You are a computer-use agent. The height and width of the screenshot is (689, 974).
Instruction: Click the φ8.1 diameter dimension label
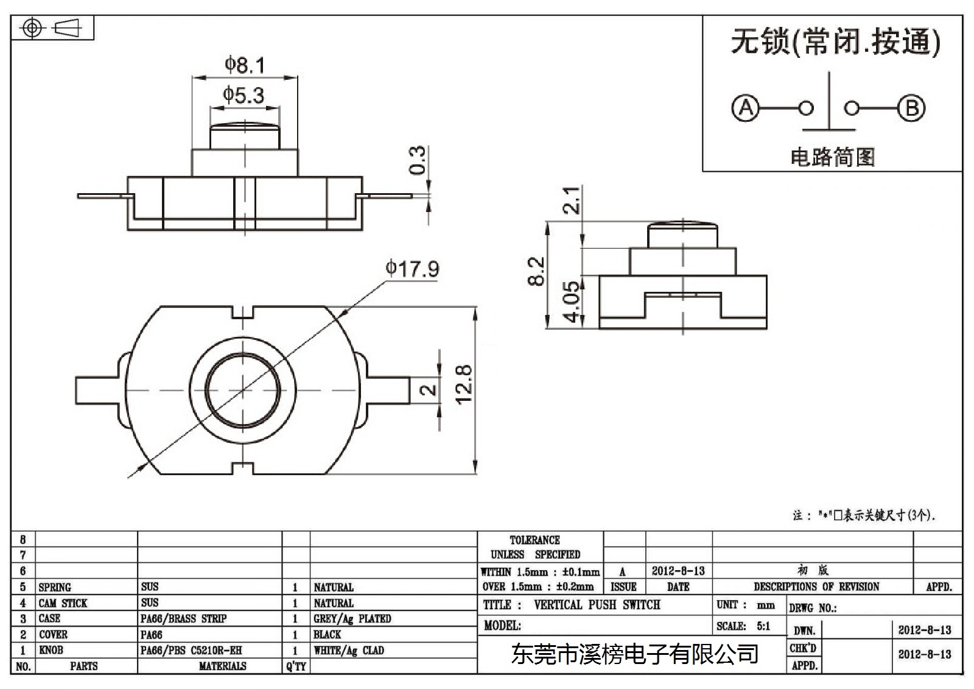pyautogui.click(x=245, y=65)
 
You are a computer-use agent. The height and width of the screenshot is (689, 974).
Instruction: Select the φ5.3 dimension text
pyautogui.click(x=243, y=95)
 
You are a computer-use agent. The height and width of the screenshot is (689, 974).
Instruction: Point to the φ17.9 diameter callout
pyautogui.click(x=412, y=269)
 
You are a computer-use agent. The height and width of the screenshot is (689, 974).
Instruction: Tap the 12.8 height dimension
pyautogui.click(x=463, y=384)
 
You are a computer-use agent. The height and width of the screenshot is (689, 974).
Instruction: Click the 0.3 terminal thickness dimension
pyautogui.click(x=418, y=160)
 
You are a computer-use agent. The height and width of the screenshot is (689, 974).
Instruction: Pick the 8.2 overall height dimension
pyautogui.click(x=536, y=271)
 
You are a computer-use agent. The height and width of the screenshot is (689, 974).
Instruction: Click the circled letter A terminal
pyautogui.click(x=745, y=108)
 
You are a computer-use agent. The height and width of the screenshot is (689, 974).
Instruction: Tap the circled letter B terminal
pyautogui.click(x=911, y=108)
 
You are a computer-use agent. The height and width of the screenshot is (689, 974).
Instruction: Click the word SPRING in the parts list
pyautogui.click(x=55, y=587)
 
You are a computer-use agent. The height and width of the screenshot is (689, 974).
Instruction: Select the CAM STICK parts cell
pyautogui.click(x=63, y=603)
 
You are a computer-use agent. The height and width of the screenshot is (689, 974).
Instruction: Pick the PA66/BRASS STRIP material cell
pyautogui.click(x=183, y=618)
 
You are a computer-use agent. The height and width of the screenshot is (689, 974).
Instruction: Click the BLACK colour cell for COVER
pyautogui.click(x=328, y=634)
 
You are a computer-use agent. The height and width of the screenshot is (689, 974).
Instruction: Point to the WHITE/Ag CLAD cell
pyautogui.click(x=349, y=650)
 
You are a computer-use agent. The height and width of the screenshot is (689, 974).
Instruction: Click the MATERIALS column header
pyautogui.click(x=223, y=666)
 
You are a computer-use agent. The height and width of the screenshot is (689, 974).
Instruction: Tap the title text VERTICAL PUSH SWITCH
pyautogui.click(x=597, y=604)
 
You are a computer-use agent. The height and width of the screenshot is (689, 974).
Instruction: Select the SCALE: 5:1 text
pyautogui.click(x=743, y=626)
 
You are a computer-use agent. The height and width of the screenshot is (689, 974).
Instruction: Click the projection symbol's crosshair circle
pyautogui.click(x=32, y=28)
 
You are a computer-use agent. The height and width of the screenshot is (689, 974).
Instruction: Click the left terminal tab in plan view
pyautogui.click(x=97, y=390)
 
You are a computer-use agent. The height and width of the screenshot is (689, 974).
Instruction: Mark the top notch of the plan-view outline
pyautogui.click(x=243, y=312)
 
